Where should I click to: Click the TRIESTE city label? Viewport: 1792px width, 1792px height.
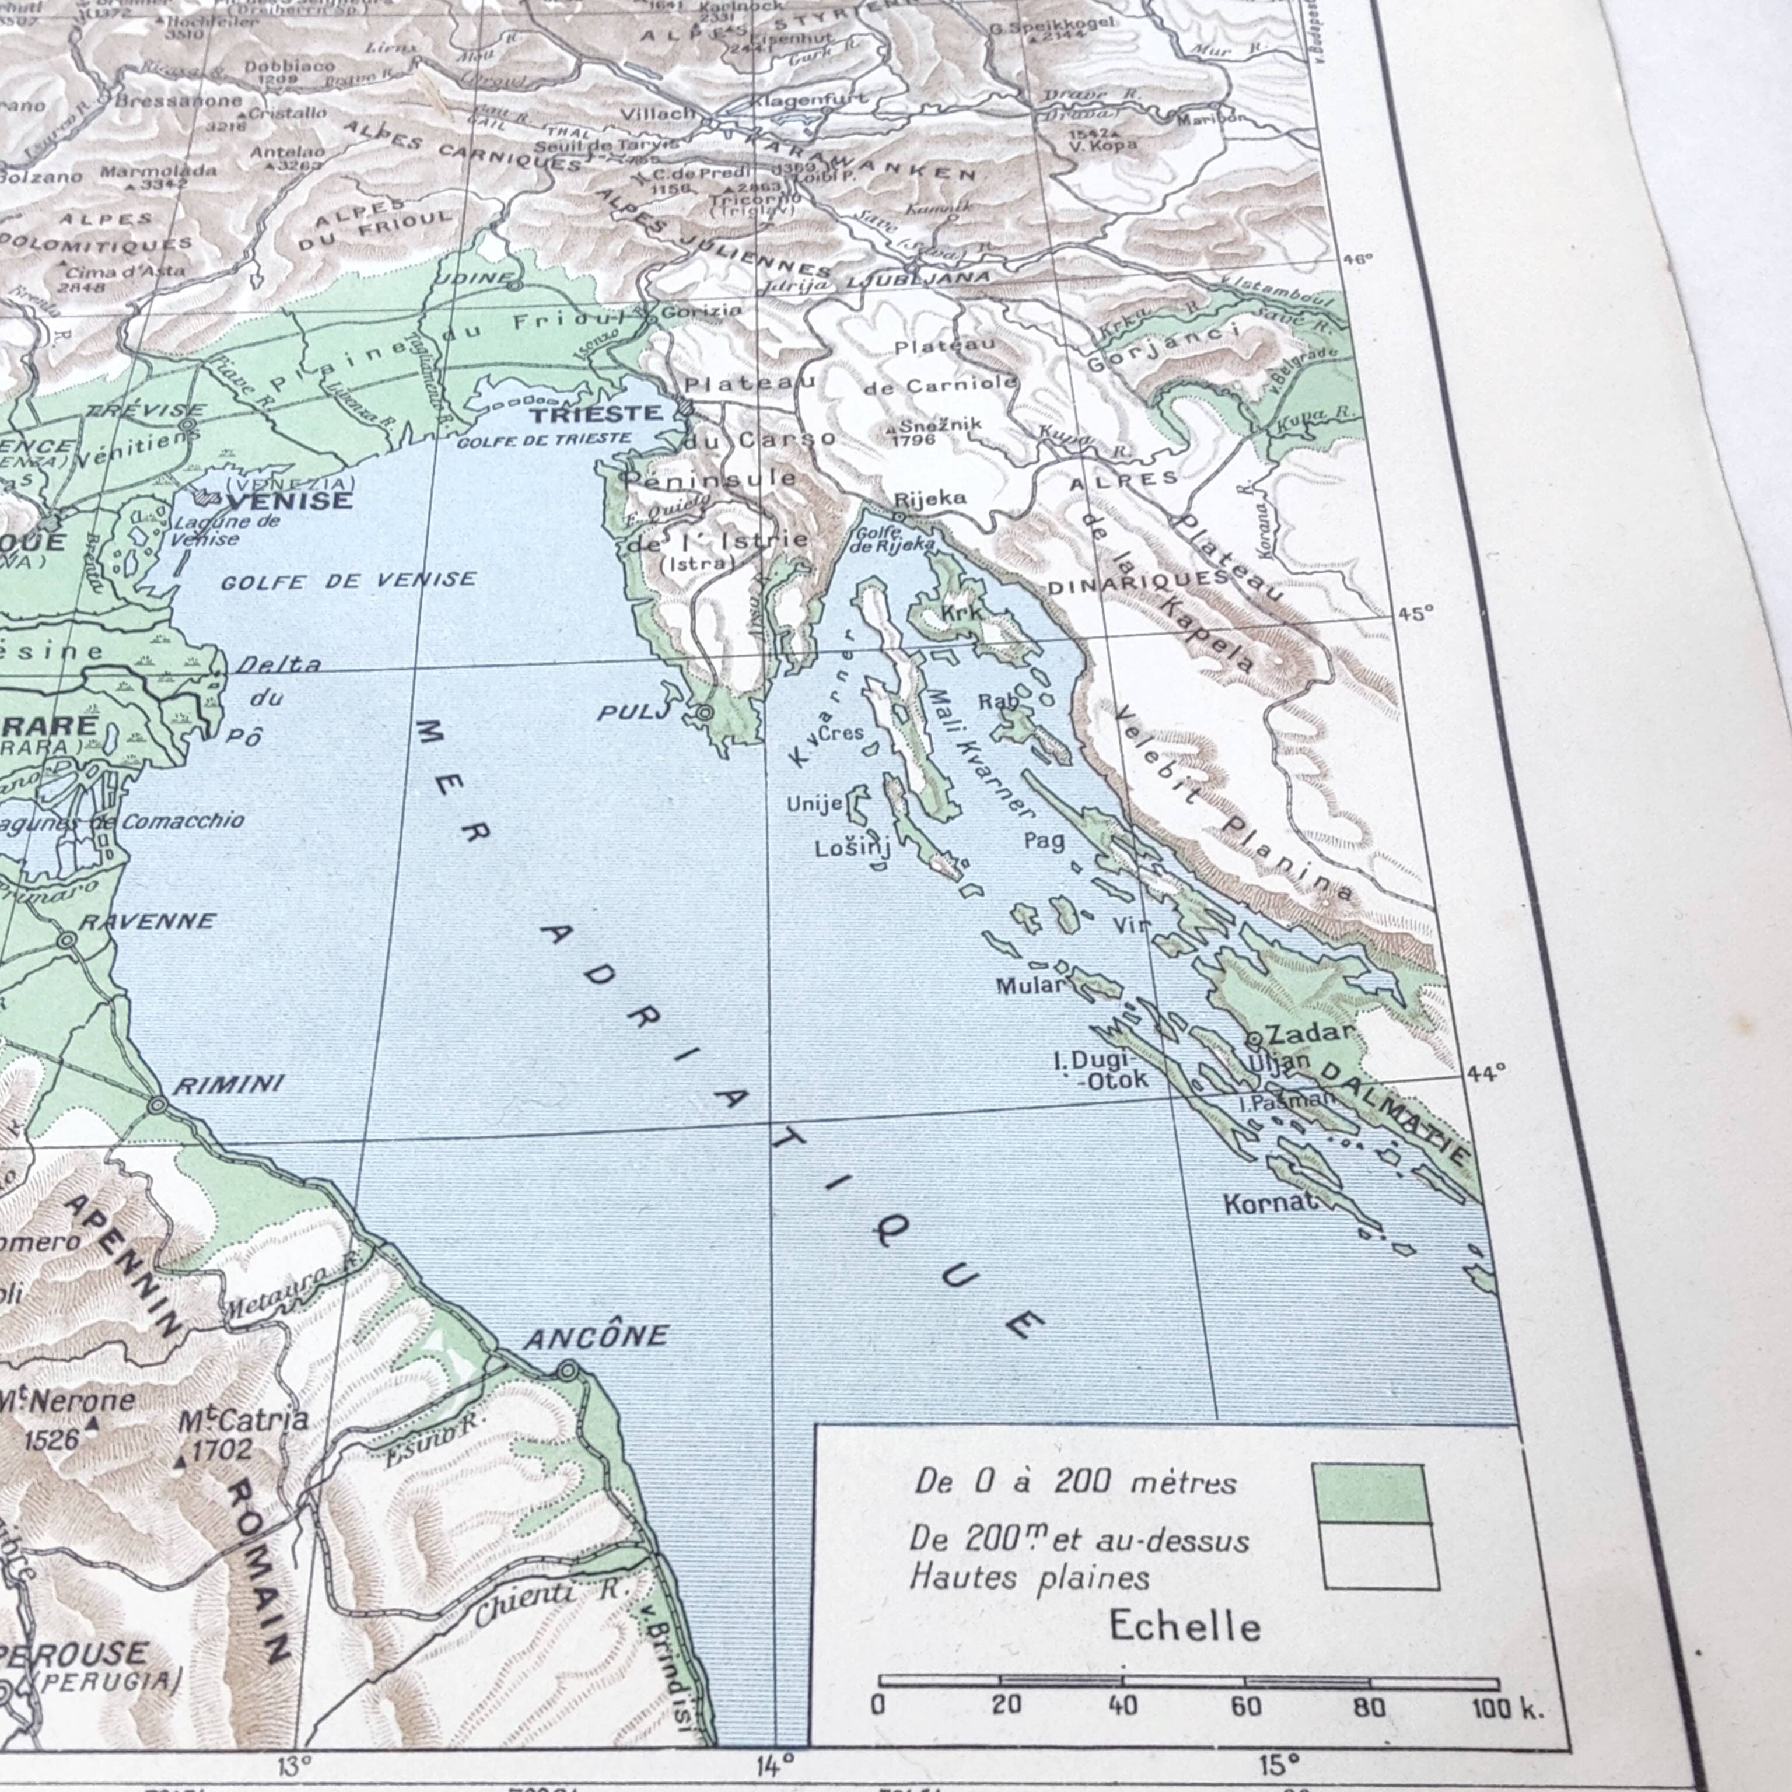(596, 413)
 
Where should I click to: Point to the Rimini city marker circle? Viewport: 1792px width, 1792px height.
(157, 1105)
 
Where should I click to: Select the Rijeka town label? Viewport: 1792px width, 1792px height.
(930, 498)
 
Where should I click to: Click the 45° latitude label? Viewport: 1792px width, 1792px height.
(1415, 613)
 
